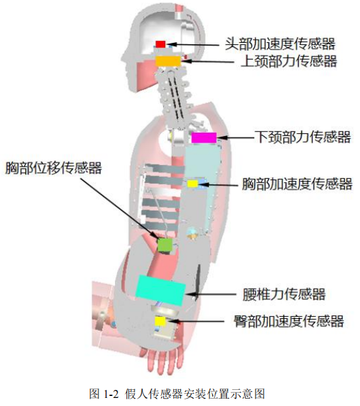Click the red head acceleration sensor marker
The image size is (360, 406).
coord(161,44)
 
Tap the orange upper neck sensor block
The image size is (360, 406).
coord(168,61)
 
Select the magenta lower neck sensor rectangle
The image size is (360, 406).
coord(204,137)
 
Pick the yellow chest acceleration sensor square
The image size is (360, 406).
coord(192,184)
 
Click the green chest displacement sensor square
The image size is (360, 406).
coord(165,245)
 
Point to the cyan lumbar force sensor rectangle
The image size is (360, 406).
coord(161,287)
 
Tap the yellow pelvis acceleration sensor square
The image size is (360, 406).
coord(160,322)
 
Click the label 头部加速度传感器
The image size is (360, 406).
coord(280,44)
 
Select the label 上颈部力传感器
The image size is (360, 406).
coord(288,62)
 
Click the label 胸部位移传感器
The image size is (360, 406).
coord(54,168)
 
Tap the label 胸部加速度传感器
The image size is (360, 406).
coord(296,184)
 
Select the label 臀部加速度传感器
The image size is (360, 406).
coord(288,322)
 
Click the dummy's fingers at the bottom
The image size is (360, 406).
coord(163,362)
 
